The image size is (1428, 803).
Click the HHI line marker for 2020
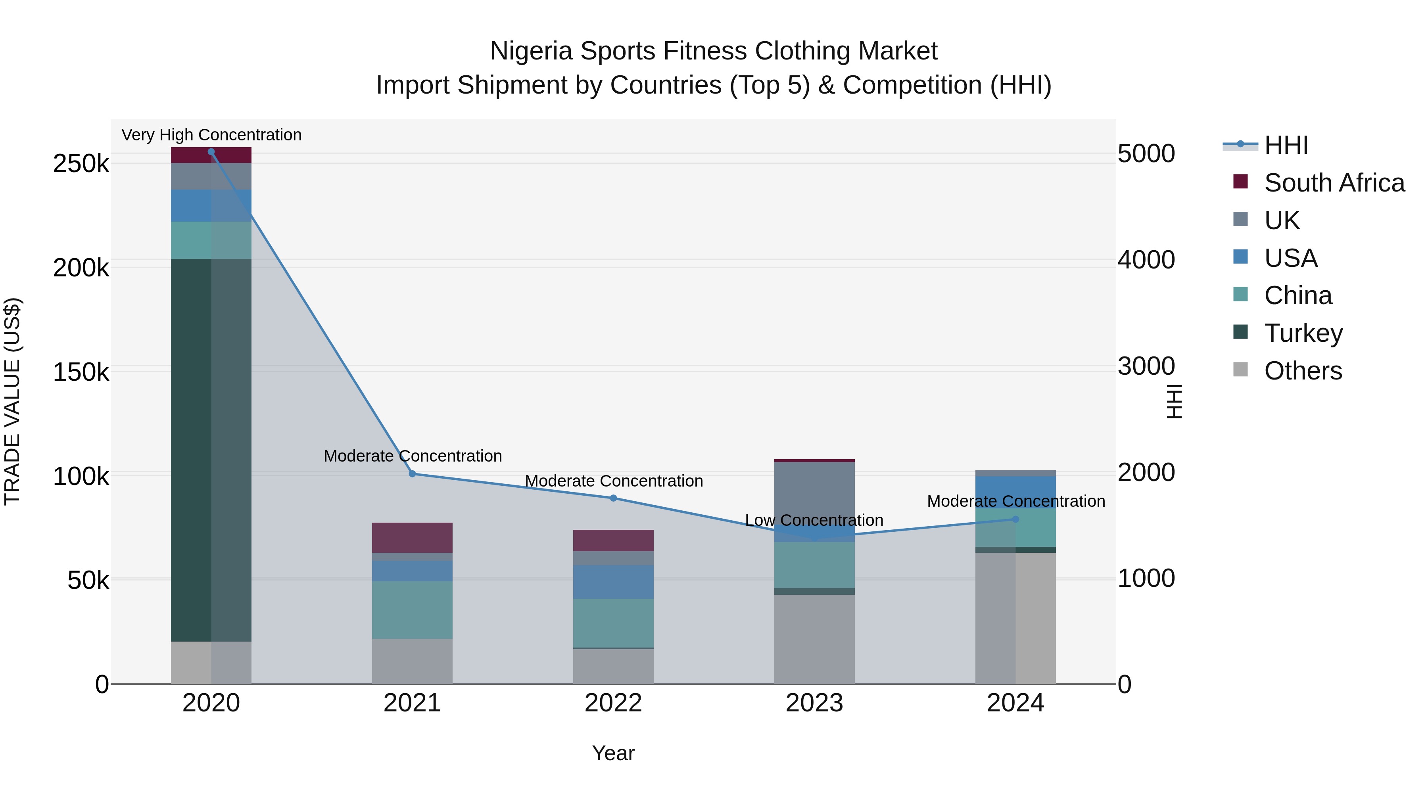(x=211, y=152)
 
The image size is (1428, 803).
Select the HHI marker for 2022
(x=613, y=498)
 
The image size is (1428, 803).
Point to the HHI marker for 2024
(x=1015, y=519)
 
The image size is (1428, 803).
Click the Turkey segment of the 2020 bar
(x=211, y=449)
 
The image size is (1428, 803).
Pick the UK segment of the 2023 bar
(x=814, y=493)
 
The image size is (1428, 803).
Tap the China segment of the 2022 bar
(x=613, y=623)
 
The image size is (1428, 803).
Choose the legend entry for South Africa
(x=1334, y=183)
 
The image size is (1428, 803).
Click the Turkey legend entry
(x=1303, y=333)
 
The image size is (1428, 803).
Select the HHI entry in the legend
(x=1286, y=145)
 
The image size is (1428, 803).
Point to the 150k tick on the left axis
(x=81, y=372)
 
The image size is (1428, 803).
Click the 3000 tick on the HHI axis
(x=1146, y=366)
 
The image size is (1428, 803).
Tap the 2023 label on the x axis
(x=814, y=703)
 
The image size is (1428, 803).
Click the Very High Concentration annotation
(x=211, y=135)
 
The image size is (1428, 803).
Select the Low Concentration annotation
(x=814, y=520)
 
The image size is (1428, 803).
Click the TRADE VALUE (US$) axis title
(x=12, y=401)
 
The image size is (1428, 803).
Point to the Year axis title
(x=613, y=753)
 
